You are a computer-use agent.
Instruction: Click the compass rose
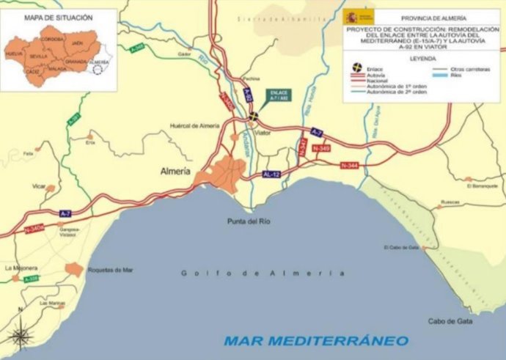(x=20, y=336)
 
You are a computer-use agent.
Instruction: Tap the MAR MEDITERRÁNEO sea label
(x=316, y=340)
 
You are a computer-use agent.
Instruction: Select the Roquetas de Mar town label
(x=109, y=270)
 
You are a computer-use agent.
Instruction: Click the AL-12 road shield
(x=271, y=175)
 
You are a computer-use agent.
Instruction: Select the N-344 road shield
(x=348, y=166)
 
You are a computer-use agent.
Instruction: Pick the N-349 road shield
(x=320, y=149)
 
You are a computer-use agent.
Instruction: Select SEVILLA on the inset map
(x=39, y=56)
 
